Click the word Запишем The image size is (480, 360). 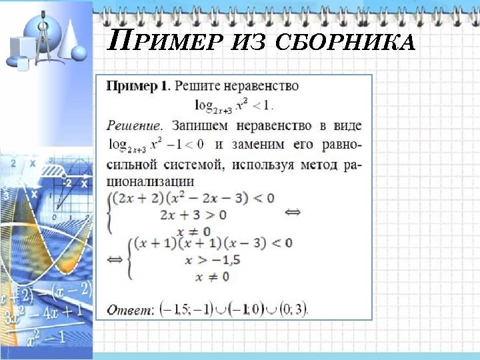(198, 125)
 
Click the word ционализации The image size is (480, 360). (151, 181)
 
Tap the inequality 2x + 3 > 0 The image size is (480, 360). (193, 215)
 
